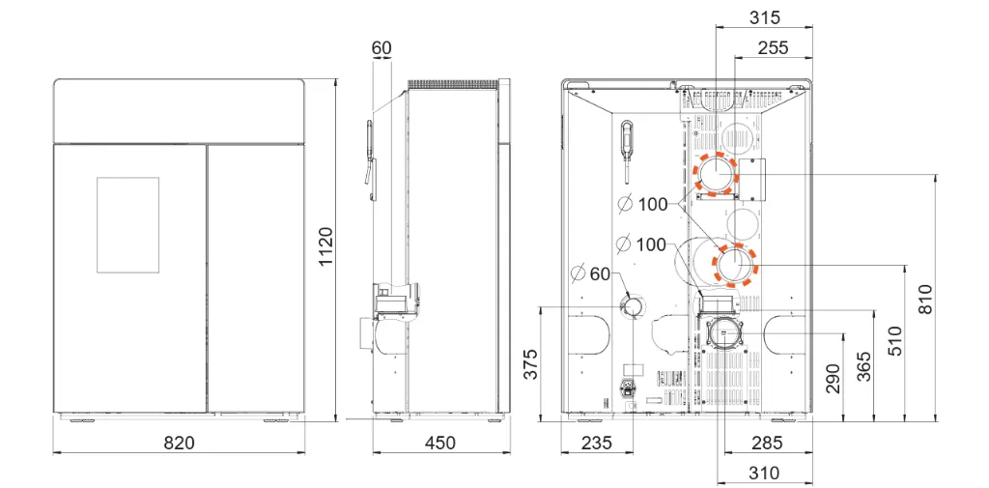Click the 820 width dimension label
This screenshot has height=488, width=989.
179,443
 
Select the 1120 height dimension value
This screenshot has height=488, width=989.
325,246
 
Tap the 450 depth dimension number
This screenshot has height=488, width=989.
439,443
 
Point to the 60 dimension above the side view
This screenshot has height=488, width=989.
381,48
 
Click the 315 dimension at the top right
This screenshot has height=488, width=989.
765,17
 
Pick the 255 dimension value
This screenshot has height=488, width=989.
774,48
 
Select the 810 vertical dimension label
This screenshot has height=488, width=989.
924,300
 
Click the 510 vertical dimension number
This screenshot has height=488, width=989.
894,341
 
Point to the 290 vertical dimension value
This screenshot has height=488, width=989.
834,378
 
